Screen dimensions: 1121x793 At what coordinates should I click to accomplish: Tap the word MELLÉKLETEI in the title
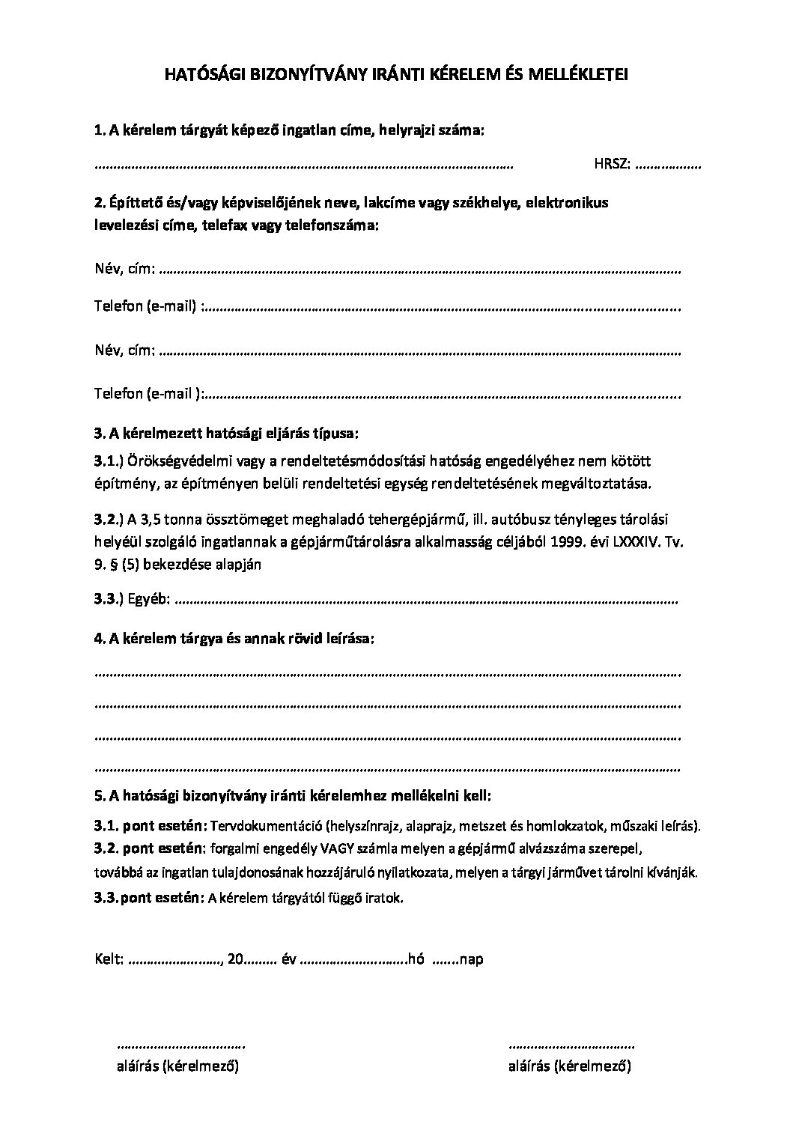point(580,74)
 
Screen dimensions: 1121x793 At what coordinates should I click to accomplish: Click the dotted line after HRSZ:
point(667,165)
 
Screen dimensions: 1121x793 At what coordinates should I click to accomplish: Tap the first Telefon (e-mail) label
point(146,306)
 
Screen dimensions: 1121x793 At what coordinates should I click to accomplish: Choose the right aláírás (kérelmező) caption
point(570,1066)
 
